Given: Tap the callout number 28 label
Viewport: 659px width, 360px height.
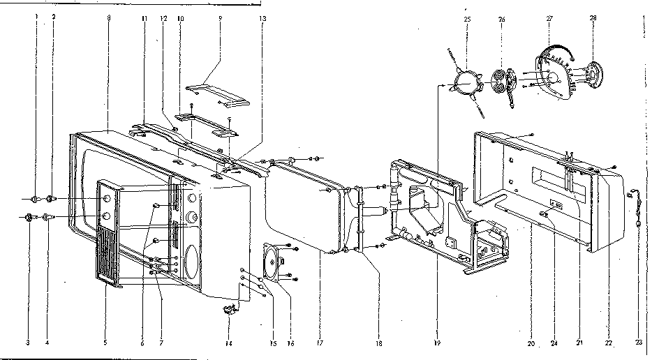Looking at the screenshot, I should pos(593,19).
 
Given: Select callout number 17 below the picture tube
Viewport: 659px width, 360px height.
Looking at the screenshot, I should pos(319,343).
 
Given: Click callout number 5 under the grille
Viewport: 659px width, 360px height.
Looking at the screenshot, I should pos(105,343).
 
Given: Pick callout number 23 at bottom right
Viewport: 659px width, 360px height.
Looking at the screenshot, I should pos(638,343).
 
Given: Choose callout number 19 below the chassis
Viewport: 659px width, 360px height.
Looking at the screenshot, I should pos(437,343).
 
